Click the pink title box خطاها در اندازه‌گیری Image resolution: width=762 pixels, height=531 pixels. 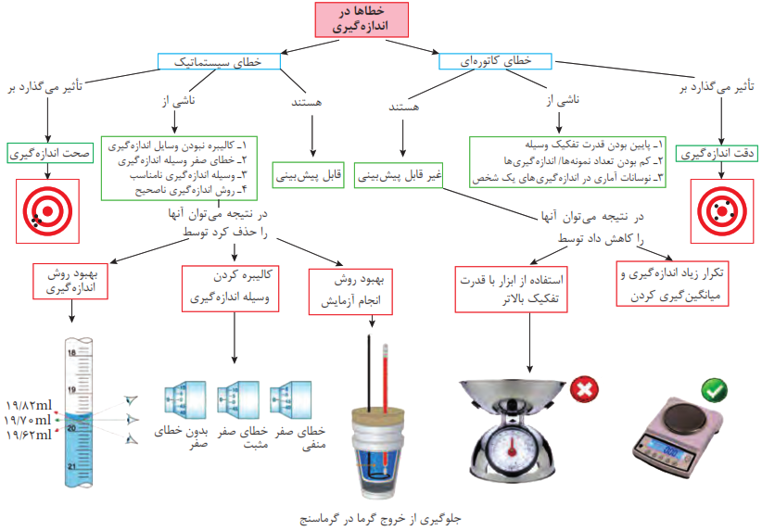[362, 19]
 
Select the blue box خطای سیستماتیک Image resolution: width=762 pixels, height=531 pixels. [219, 62]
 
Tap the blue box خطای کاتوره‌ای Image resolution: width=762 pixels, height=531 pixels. [495, 61]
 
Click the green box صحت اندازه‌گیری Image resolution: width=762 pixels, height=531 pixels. [50, 153]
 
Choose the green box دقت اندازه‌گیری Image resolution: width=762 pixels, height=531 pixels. [717, 154]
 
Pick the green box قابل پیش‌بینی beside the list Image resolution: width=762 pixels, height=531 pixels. [309, 175]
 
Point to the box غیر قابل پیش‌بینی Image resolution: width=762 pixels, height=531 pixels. [399, 175]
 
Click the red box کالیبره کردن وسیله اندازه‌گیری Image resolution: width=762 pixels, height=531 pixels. [230, 288]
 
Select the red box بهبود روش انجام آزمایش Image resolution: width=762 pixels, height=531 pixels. [350, 292]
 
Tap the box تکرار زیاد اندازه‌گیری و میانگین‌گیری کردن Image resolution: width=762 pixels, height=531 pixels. [672, 284]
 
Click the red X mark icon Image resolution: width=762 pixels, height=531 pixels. [584, 389]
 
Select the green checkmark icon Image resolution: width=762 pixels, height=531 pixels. [714, 390]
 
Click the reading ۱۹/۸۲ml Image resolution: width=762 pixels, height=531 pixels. [29, 405]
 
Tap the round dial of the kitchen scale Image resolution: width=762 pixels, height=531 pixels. [512, 447]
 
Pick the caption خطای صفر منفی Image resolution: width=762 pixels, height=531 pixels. [301, 437]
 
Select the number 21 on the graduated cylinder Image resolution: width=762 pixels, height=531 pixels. [72, 466]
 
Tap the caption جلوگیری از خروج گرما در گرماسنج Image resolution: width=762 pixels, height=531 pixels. [380, 519]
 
